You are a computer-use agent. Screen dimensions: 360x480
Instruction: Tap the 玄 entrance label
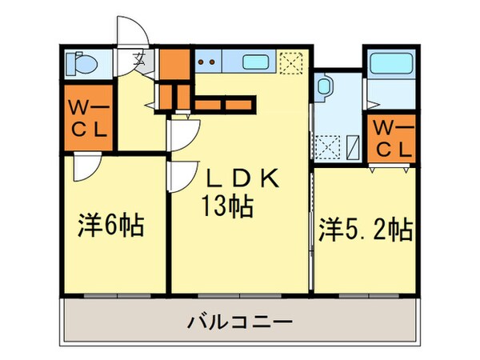[138, 58]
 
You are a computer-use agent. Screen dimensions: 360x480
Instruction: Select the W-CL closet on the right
[392, 138]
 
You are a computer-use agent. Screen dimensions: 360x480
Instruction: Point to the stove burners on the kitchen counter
[207, 59]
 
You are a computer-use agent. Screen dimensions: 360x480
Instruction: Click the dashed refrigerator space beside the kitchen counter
[288, 62]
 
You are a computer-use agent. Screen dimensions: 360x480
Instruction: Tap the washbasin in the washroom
[323, 86]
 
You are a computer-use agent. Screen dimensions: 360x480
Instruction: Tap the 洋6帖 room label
[111, 226]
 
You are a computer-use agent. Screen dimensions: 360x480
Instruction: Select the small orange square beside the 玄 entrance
[173, 62]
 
